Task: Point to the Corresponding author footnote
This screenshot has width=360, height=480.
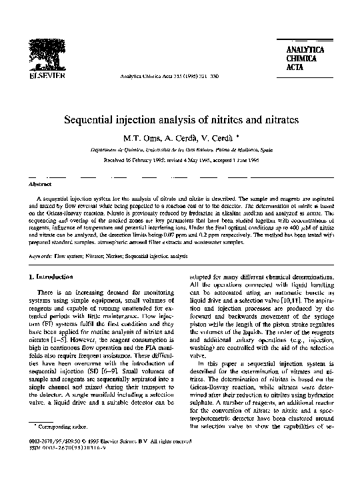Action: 56,443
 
